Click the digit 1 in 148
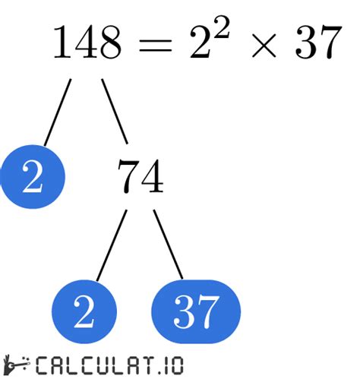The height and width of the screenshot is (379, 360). click(63, 42)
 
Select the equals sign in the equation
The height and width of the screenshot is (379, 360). click(156, 46)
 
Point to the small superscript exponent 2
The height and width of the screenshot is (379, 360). click(220, 27)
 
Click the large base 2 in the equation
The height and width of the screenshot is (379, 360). click(201, 43)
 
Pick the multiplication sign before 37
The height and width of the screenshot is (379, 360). click(264, 46)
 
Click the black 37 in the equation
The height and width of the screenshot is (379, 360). click(318, 43)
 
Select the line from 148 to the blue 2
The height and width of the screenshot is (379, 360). click(58, 112)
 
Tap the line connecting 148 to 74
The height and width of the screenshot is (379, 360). click(115, 112)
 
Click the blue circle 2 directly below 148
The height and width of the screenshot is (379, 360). click(33, 177)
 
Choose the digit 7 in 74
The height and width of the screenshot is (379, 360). click(128, 176)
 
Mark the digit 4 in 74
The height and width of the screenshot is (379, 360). click(152, 176)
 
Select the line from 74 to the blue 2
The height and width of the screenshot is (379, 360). click(112, 245)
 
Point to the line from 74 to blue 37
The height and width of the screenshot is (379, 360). click(168, 245)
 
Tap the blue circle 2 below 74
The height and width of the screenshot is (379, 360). click(84, 311)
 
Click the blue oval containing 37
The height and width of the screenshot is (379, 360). click(196, 311)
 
